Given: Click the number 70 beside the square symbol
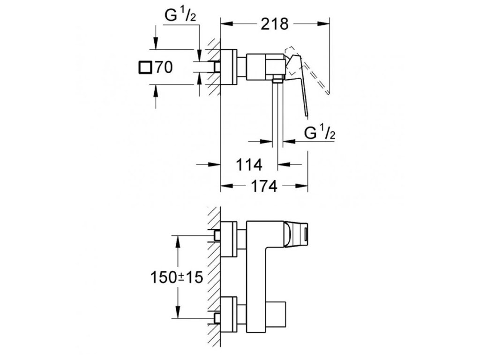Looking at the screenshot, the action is (164, 67).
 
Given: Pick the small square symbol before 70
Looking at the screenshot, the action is (145, 67).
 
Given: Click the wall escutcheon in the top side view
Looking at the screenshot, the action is (229, 67).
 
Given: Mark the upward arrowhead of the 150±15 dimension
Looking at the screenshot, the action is (178, 239).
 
